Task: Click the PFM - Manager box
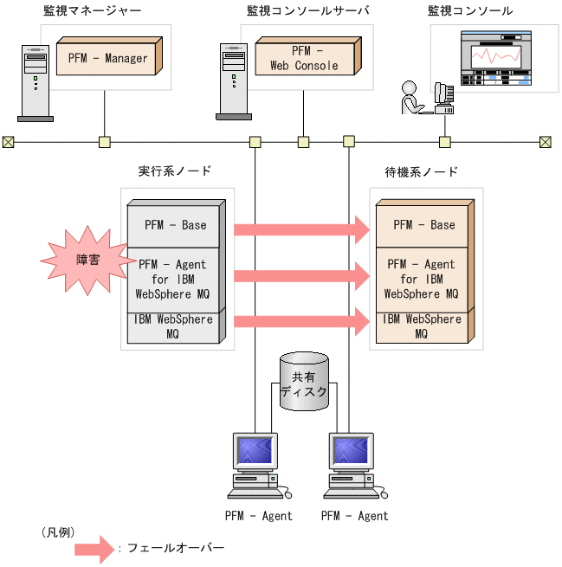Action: [107, 59]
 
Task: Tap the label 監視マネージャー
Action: [92, 11]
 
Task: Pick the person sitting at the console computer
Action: [410, 100]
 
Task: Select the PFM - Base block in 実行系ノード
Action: [175, 225]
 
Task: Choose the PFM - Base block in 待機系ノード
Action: [423, 225]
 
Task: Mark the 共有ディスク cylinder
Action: [303, 380]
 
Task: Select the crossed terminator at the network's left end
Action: [8, 142]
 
